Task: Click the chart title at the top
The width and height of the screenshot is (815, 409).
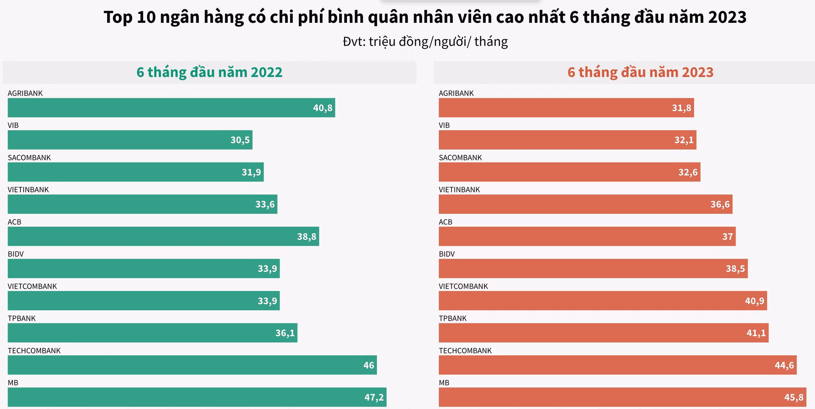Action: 425,17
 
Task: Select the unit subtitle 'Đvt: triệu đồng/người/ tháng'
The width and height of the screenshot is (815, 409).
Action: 425,42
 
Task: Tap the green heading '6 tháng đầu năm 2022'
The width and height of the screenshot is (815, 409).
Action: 209,72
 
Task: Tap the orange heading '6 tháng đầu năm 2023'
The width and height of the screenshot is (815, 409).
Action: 640,72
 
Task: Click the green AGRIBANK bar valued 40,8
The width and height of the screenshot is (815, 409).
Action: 171,108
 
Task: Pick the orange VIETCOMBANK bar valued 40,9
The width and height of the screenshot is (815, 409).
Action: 603,301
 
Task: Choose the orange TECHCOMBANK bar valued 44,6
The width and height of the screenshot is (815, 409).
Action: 617,365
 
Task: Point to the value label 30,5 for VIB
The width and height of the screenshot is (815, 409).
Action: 240,140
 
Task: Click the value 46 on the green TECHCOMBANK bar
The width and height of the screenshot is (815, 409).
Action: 368,365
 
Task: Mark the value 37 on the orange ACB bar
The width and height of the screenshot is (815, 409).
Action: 727,237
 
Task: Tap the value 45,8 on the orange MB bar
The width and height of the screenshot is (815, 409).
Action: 793,397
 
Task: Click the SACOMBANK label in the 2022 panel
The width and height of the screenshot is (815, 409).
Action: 29,158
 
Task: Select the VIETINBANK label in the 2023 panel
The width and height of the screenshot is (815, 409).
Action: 459,190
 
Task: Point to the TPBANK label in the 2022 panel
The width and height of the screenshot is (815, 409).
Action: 22,319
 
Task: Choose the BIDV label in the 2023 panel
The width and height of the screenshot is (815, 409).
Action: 447,254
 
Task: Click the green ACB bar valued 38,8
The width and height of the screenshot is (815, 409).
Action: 163,236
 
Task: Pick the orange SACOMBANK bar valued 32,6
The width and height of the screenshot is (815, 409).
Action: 569,172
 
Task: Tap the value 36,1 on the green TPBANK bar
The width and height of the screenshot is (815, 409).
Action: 285,333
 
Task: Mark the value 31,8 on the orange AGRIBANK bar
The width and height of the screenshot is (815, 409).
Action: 681,108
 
